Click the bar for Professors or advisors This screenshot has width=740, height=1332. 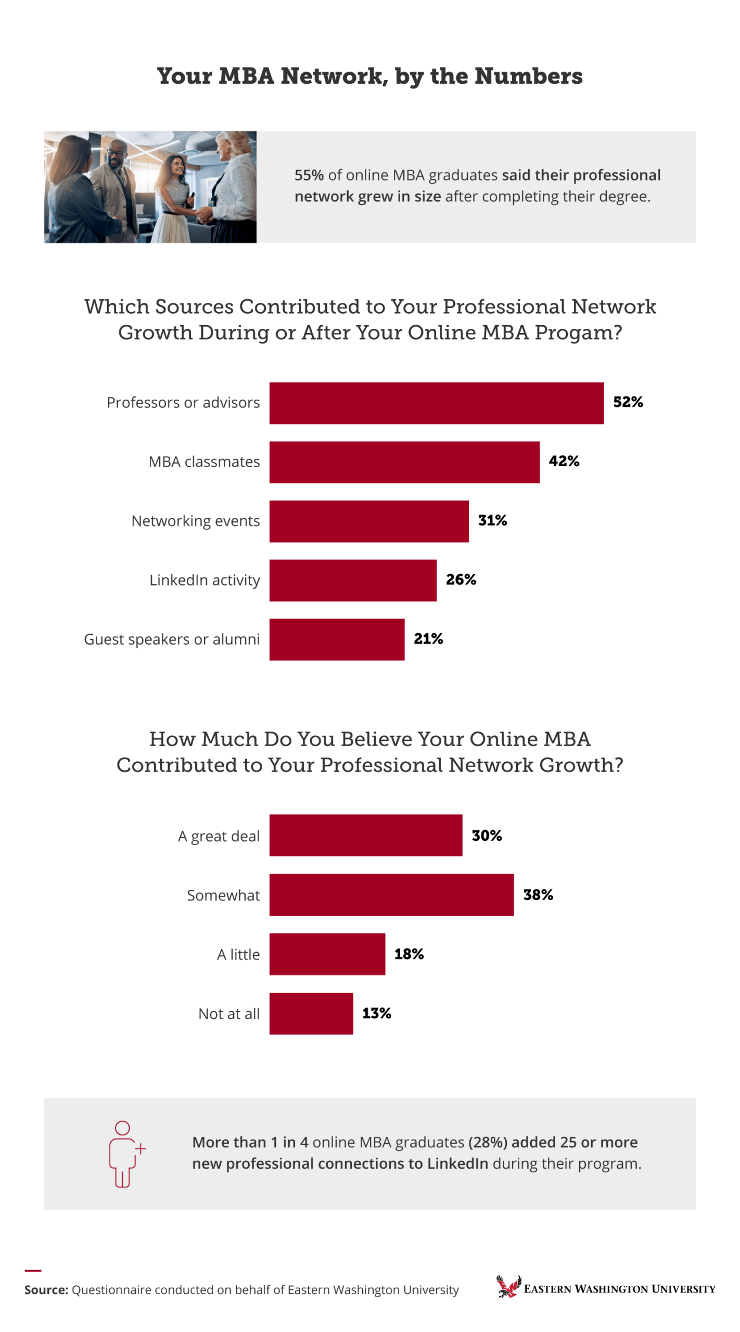436,403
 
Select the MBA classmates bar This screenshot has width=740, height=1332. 404,462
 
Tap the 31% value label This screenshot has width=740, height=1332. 492,520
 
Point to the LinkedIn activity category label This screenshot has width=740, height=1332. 205,580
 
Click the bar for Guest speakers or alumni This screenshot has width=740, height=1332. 337,639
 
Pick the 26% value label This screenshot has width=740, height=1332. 461,580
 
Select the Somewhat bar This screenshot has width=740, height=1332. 391,895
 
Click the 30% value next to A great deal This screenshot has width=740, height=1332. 487,836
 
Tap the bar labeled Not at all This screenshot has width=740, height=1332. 311,1014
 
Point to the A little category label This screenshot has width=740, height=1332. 238,955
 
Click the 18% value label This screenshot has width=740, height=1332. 409,954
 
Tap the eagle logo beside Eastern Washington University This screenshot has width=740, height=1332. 508,1287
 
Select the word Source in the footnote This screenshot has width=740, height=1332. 46,1290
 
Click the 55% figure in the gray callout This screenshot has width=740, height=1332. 309,175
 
